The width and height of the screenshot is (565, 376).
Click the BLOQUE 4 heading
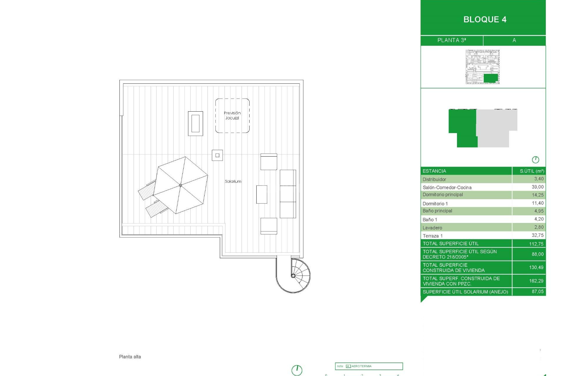pos(485,19)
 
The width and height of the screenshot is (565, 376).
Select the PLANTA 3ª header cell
pos(451,40)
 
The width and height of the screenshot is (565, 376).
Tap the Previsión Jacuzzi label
pos(232,115)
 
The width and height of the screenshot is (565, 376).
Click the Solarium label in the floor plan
pos(233,182)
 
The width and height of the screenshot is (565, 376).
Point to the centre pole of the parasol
pos(180,185)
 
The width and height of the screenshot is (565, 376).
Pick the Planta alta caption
pos(130,357)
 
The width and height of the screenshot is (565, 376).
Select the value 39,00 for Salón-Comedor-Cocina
pos(537,187)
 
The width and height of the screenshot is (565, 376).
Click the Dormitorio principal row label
pos(443,194)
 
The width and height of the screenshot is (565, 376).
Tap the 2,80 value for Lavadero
pos(539,227)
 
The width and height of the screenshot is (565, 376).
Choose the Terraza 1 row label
pos(433,236)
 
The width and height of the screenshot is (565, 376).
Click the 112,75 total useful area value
pos(536,244)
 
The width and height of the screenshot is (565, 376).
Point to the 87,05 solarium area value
pos(537,291)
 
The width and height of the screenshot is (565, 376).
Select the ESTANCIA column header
pos(434,171)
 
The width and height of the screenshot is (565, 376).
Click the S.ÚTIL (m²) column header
pos(532,171)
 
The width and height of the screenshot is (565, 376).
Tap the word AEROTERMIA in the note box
pos(361,366)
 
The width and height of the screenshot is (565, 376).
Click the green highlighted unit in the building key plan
pos(491,78)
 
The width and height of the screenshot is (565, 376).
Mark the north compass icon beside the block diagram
pos(535,160)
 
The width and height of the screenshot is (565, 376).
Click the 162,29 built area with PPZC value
pos(536,281)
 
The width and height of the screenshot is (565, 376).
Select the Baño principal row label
pos(437,211)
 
